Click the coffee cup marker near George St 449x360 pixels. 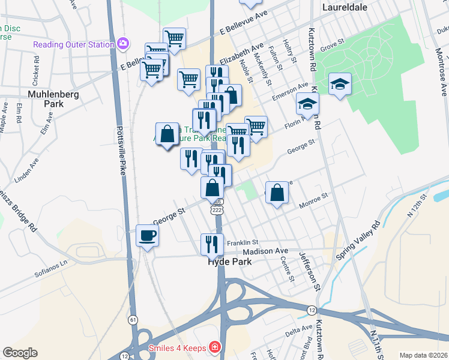tap(147, 235)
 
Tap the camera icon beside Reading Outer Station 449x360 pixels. tap(124, 43)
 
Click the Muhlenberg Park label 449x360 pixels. tap(46, 98)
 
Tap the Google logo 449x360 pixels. tap(20, 353)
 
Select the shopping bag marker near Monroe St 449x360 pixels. tap(277, 193)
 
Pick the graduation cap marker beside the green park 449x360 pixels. tap(340, 85)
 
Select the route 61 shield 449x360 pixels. tap(133, 319)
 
